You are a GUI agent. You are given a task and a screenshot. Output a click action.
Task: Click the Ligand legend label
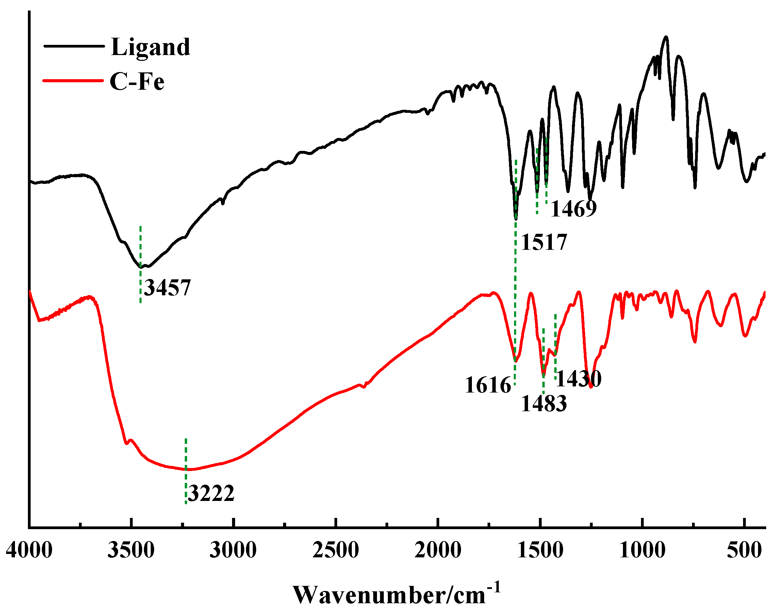pyautogui.click(x=150, y=47)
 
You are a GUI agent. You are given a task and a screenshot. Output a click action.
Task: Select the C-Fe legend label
pyautogui.click(x=137, y=82)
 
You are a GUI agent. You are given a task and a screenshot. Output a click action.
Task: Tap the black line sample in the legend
pyautogui.click(x=74, y=46)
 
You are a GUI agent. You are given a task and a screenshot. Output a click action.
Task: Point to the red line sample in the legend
pyautogui.click(x=73, y=81)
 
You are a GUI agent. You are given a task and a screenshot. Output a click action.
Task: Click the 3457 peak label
pyautogui.click(x=167, y=288)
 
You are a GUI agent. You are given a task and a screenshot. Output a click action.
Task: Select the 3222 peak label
pyautogui.click(x=211, y=493)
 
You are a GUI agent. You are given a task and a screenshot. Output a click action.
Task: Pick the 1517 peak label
pyautogui.click(x=544, y=242)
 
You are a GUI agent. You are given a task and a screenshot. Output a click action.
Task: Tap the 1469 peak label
pyautogui.click(x=574, y=209)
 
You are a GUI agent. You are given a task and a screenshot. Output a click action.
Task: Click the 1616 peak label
pyautogui.click(x=488, y=385)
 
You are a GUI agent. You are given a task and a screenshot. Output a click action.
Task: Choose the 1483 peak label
pyautogui.click(x=544, y=404)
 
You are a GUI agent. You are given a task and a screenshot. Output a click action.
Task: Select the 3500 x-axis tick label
pyautogui.click(x=131, y=550)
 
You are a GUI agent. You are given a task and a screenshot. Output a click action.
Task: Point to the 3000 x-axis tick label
pyautogui.click(x=233, y=550)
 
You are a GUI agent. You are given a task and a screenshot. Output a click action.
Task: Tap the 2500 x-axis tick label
pyautogui.click(x=335, y=550)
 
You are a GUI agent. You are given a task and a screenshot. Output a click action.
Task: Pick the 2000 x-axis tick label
pyautogui.click(x=438, y=550)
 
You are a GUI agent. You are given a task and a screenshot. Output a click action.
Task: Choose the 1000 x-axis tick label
pyautogui.click(x=642, y=550)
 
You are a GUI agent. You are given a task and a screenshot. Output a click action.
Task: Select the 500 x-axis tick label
pyautogui.click(x=744, y=550)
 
